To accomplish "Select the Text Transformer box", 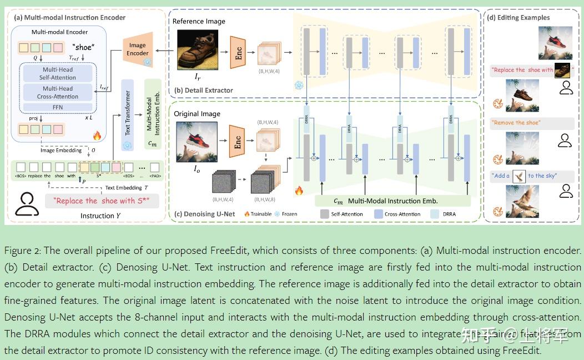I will click(128, 113).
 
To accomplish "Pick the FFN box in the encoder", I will click(58, 107).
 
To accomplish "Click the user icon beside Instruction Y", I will click(26, 204).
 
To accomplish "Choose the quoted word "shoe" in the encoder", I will click(83, 47).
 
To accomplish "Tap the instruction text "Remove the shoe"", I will click(516, 122).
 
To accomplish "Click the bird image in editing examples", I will click(522, 202).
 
